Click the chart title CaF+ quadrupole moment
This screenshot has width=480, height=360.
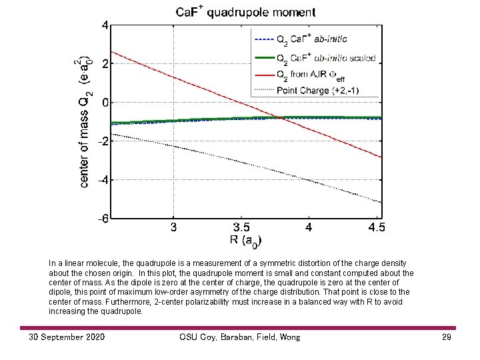click(x=246, y=11)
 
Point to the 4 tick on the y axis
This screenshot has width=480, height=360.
click(x=105, y=25)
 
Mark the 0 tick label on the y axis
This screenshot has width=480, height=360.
click(x=105, y=103)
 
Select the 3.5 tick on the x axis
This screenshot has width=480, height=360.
click(x=241, y=227)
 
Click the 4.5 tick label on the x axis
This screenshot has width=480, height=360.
click(x=376, y=227)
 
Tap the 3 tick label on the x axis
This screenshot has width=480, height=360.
click(x=174, y=227)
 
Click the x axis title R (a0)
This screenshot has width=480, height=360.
click(x=245, y=241)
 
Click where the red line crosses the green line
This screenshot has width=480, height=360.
click(x=279, y=118)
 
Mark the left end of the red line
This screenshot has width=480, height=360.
click(x=111, y=52)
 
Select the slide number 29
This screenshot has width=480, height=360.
click(x=446, y=337)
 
